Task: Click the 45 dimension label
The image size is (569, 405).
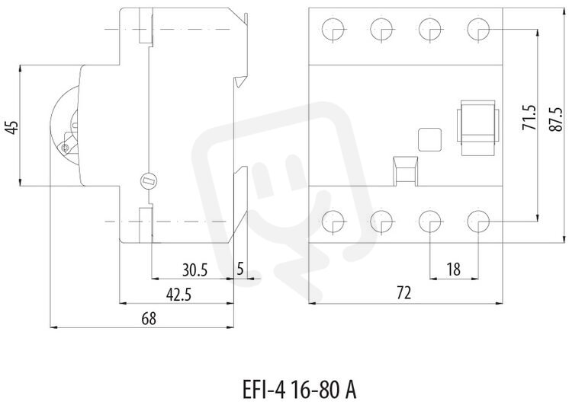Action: [13, 127]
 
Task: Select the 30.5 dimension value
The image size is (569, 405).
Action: [194, 270]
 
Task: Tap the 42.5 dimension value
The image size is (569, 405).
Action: [178, 295]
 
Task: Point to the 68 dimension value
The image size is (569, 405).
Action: [149, 319]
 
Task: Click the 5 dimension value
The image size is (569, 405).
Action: [240, 269]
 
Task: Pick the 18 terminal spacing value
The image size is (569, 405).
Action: [454, 269]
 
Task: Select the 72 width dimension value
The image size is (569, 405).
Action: [404, 292]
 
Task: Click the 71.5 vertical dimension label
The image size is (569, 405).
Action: [529, 118]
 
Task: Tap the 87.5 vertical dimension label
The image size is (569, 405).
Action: [557, 119]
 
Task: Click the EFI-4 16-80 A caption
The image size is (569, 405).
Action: [299, 390]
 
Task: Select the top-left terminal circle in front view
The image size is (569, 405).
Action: [334, 29]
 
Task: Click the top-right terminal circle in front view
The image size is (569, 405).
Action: [479, 29]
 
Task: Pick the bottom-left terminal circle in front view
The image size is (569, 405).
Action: [334, 221]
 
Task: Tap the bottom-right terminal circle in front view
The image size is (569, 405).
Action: [479, 221]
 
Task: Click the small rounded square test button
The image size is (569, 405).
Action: [430, 139]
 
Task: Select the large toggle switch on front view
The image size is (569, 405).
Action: [478, 128]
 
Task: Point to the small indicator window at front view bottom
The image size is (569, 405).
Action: [405, 171]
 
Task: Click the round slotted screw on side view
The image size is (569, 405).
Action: [149, 180]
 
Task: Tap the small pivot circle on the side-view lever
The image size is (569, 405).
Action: [66, 148]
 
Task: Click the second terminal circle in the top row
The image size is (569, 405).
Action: [382, 29]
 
